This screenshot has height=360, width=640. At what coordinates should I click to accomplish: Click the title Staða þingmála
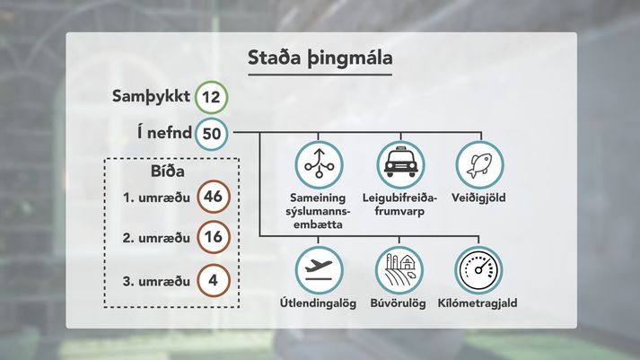pyautogui.click(x=320, y=57)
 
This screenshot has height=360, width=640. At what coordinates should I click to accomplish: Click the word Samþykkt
pyautogui.click(x=151, y=97)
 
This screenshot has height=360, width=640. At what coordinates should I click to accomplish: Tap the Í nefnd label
pyautogui.click(x=164, y=133)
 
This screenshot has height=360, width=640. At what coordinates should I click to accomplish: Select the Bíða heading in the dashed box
pyautogui.click(x=167, y=171)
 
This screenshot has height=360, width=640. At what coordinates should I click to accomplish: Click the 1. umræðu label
pyautogui.click(x=156, y=198)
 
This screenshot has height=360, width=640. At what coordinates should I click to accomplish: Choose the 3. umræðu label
pyautogui.click(x=156, y=281)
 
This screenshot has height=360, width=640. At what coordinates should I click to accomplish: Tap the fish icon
pyautogui.click(x=479, y=165)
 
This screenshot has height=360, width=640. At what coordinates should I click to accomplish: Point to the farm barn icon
pyautogui.click(x=399, y=270)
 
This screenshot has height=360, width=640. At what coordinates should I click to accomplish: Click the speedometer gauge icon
pyautogui.click(x=478, y=270)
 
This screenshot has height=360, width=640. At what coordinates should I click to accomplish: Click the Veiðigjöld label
pyautogui.click(x=478, y=198)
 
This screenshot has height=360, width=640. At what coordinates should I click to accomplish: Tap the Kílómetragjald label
pyautogui.click(x=478, y=303)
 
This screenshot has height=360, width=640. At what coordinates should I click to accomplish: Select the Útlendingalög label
pyautogui.click(x=318, y=303)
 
